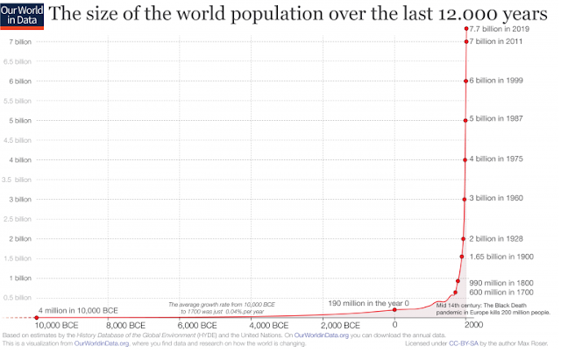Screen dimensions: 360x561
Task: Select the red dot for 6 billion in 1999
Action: point(465,81)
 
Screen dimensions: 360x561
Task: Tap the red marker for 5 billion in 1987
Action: point(465,120)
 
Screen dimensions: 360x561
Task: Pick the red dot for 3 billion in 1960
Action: point(465,199)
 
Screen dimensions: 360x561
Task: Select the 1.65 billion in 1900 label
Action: point(502,257)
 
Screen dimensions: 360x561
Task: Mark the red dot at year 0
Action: point(394,309)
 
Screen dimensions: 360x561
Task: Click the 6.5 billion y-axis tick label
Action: point(18,61)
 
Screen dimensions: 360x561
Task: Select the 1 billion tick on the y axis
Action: point(20,278)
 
